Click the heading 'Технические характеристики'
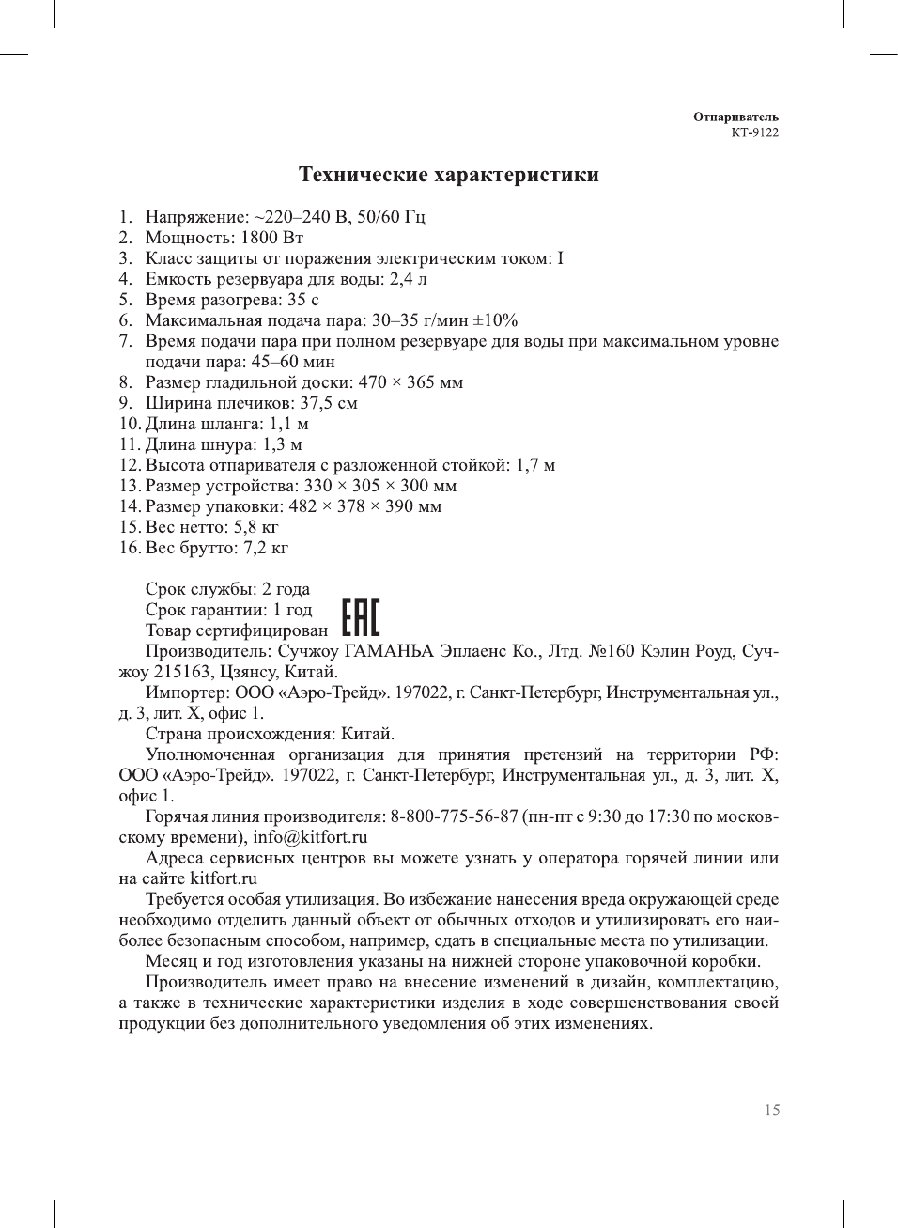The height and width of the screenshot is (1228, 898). [x=448, y=175]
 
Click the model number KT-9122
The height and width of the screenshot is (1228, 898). [x=754, y=132]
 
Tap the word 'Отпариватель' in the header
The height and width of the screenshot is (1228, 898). [x=735, y=117]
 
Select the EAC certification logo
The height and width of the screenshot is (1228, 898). [x=360, y=618]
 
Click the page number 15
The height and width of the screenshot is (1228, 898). [x=771, y=1111]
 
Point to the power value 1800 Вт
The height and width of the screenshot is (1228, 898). [x=271, y=238]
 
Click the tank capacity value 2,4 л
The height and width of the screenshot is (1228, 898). [x=408, y=279]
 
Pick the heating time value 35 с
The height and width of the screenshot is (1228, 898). [x=302, y=300]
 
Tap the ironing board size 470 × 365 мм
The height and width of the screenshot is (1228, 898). [x=410, y=382]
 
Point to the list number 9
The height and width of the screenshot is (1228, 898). [x=126, y=403]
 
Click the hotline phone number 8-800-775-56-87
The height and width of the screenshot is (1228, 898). [x=455, y=816]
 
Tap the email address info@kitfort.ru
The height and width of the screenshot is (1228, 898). [x=310, y=837]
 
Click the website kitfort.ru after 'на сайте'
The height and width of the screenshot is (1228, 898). [x=224, y=878]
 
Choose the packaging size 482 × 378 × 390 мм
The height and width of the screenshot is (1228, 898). [x=364, y=506]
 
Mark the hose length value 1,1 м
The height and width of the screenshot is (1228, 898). [x=288, y=424]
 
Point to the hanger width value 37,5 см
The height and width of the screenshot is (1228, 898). [x=328, y=403]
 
